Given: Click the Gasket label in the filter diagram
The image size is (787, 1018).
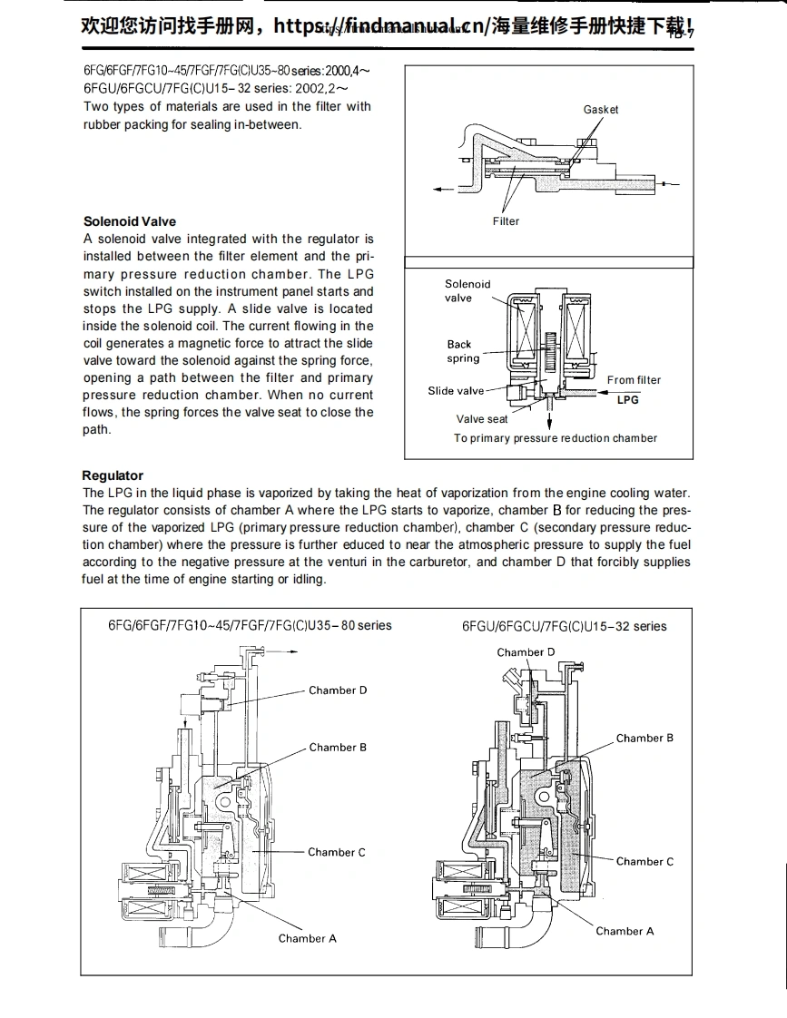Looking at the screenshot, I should [600, 110].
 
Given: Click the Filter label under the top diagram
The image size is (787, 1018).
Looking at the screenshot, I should [506, 221].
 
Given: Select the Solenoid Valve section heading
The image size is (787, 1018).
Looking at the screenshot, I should [130, 221].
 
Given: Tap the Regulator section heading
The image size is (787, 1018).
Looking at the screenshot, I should [113, 475].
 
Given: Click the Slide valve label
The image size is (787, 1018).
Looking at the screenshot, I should [456, 391].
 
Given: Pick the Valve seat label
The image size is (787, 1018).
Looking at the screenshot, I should [482, 419].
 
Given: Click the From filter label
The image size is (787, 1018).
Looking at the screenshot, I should [634, 380].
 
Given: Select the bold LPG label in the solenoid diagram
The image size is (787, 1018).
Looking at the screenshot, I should [627, 400].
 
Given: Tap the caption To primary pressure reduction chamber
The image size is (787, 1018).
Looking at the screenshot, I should [556, 438].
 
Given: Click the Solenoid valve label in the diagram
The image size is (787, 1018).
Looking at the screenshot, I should [467, 290].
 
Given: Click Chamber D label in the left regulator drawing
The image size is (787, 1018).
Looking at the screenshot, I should [338, 690].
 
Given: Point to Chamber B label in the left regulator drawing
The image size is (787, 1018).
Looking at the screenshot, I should [338, 748].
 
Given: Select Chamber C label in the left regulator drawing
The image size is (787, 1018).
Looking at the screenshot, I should [337, 852].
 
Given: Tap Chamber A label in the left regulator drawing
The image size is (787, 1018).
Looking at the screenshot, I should [307, 938].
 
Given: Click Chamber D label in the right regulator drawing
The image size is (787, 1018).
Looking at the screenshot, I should [526, 652].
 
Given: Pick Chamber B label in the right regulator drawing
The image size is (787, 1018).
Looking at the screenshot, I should [644, 739].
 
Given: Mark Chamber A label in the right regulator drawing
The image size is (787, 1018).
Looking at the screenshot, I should [625, 931].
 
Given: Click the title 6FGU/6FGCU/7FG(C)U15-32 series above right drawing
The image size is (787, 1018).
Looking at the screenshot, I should [564, 626].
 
